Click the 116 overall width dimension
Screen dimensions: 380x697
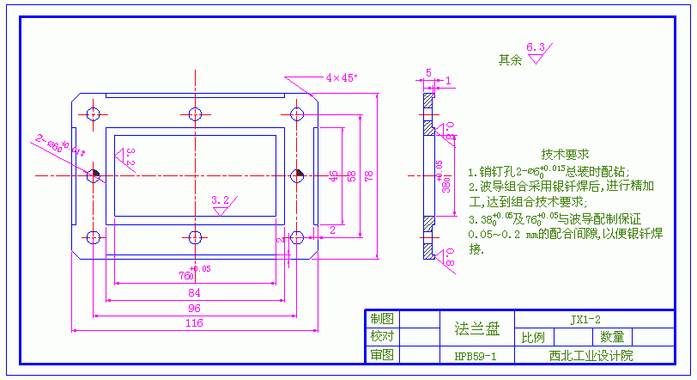(x=194, y=322)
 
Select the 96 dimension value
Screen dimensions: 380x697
(x=194, y=308)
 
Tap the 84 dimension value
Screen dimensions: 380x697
(x=194, y=293)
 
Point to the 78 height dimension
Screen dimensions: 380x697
(x=369, y=176)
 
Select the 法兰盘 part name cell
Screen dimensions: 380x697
(x=476, y=328)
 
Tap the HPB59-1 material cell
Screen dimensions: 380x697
(x=476, y=355)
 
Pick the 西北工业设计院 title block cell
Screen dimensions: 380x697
(x=593, y=355)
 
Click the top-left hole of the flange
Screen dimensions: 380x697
(x=94, y=113)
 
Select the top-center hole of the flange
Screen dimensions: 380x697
(x=196, y=113)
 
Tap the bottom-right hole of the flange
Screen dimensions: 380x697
(x=297, y=237)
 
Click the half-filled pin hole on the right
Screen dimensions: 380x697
(x=297, y=175)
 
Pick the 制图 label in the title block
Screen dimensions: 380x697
(x=381, y=319)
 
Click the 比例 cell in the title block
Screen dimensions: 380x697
(x=533, y=337)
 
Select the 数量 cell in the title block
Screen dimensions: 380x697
(x=612, y=337)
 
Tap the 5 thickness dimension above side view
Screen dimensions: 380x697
(x=428, y=73)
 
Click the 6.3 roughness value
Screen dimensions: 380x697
(x=536, y=47)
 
